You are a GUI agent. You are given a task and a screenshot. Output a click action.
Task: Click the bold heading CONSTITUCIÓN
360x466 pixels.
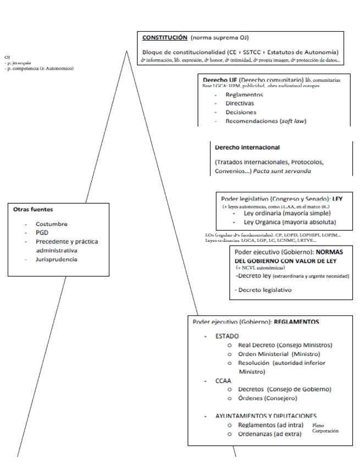pyautogui.click(x=165, y=38)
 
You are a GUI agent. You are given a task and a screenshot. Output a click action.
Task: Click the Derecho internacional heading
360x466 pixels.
pyautogui.click(x=247, y=147)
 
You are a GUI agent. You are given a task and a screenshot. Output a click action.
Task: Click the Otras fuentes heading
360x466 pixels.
pyautogui.click(x=34, y=209)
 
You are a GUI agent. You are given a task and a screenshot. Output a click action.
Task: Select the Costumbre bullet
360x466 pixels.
pyautogui.click(x=52, y=224)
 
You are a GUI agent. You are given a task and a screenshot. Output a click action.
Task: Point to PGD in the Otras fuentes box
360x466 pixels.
pyautogui.click(x=42, y=232)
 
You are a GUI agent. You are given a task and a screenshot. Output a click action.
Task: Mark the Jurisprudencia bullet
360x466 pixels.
pyautogui.click(x=57, y=259)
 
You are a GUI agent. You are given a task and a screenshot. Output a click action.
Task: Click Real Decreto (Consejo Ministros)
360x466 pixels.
pyautogui.click(x=285, y=345)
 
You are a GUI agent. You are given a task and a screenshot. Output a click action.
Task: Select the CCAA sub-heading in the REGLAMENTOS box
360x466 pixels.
pyautogui.click(x=223, y=380)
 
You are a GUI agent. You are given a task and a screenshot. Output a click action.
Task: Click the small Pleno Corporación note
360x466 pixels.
pyautogui.click(x=325, y=428)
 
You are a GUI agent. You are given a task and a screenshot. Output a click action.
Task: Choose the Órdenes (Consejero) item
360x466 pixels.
pyautogui.click(x=268, y=398)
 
